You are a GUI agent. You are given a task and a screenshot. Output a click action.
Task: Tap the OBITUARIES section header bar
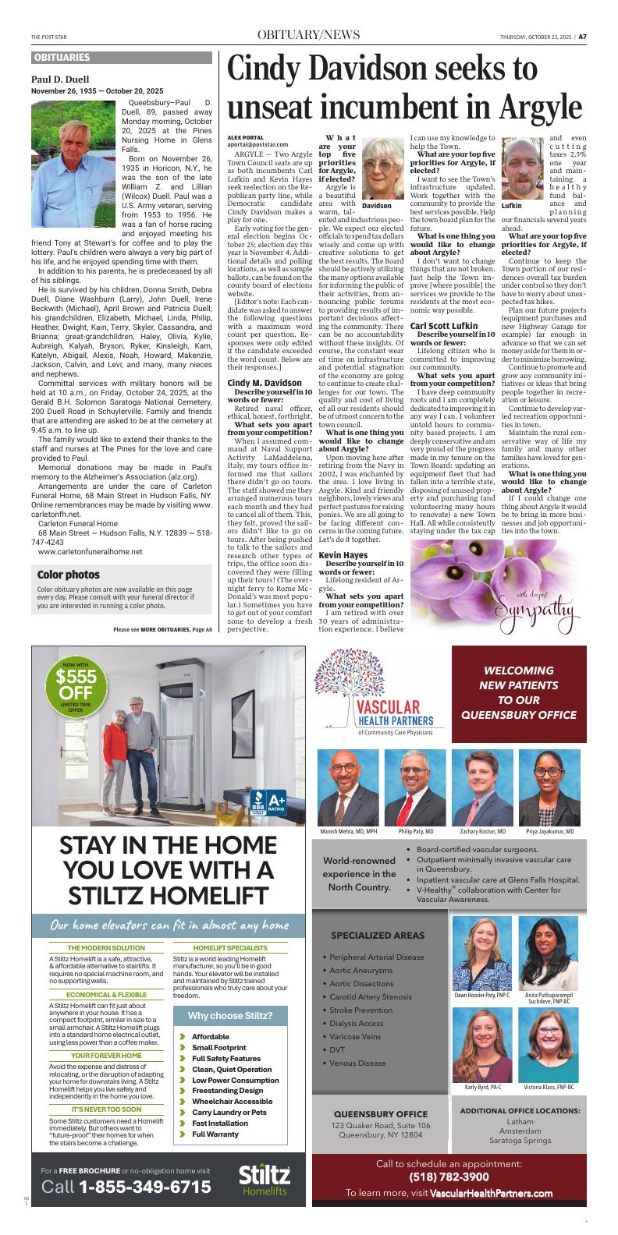point(122,58)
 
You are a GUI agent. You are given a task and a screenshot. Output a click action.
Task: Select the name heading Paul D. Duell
point(60,80)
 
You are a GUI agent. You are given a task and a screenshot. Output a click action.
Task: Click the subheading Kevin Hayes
point(343,511)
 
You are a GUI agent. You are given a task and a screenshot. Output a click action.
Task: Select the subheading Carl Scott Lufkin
point(443,325)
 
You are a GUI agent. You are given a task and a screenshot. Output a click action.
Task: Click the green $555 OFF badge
point(76,688)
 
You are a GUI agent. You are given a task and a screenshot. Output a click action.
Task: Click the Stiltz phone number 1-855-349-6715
point(145,1187)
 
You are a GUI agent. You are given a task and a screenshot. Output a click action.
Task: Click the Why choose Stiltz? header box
point(229,1015)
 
